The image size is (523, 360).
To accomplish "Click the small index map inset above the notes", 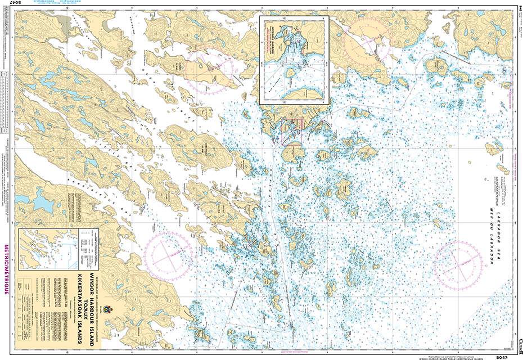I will click(47, 251).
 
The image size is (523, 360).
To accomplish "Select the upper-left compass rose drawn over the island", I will click(210, 71).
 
